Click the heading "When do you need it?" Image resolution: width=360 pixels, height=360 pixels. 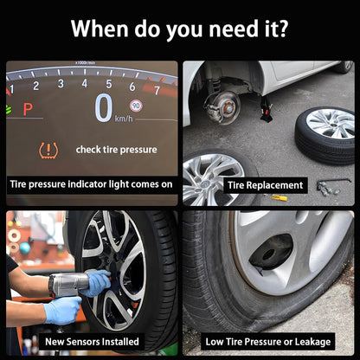coord(179,29)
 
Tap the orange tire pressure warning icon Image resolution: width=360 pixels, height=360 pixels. coord(48,151)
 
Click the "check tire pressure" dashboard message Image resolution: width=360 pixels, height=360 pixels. coord(117,150)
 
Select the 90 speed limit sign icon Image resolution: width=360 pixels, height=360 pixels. coord(136,106)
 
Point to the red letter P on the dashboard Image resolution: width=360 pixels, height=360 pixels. coord(28,109)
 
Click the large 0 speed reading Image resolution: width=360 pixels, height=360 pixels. coord(104,108)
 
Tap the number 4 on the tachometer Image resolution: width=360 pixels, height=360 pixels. coord(85,83)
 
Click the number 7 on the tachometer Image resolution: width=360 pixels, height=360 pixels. coord(157,90)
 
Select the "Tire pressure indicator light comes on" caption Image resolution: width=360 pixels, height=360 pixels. coord(91,184)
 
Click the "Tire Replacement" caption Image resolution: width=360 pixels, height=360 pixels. coord(266,185)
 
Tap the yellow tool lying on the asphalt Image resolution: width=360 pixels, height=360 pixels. coord(280,197)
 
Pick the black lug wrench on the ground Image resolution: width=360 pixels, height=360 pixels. coord(334,182)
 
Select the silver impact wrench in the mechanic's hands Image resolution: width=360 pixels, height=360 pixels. coord(69,284)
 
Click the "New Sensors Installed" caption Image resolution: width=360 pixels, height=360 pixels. coord(92,342)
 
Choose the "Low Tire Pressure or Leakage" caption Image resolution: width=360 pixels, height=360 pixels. coord(268,342)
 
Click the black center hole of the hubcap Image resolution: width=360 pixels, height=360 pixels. coord(271,253)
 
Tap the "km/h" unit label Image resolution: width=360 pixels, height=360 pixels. coord(124,119)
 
